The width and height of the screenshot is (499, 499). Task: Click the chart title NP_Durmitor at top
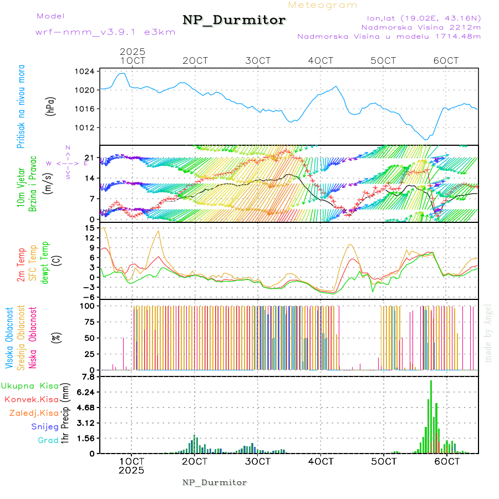[234, 21]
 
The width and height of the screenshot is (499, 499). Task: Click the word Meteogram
[323, 5]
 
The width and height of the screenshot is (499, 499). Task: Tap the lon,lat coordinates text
[419, 18]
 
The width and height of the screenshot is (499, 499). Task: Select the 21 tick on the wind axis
[89, 159]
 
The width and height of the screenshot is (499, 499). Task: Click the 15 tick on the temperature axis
[89, 228]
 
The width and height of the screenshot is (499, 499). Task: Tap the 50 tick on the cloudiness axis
[89, 338]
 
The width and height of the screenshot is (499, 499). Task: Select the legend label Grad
[48, 441]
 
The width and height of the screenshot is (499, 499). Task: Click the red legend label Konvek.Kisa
[31, 399]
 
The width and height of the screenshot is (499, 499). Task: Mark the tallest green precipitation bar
[431, 416]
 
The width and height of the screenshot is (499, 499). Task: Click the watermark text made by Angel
[488, 333]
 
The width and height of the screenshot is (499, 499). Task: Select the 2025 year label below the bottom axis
[131, 471]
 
